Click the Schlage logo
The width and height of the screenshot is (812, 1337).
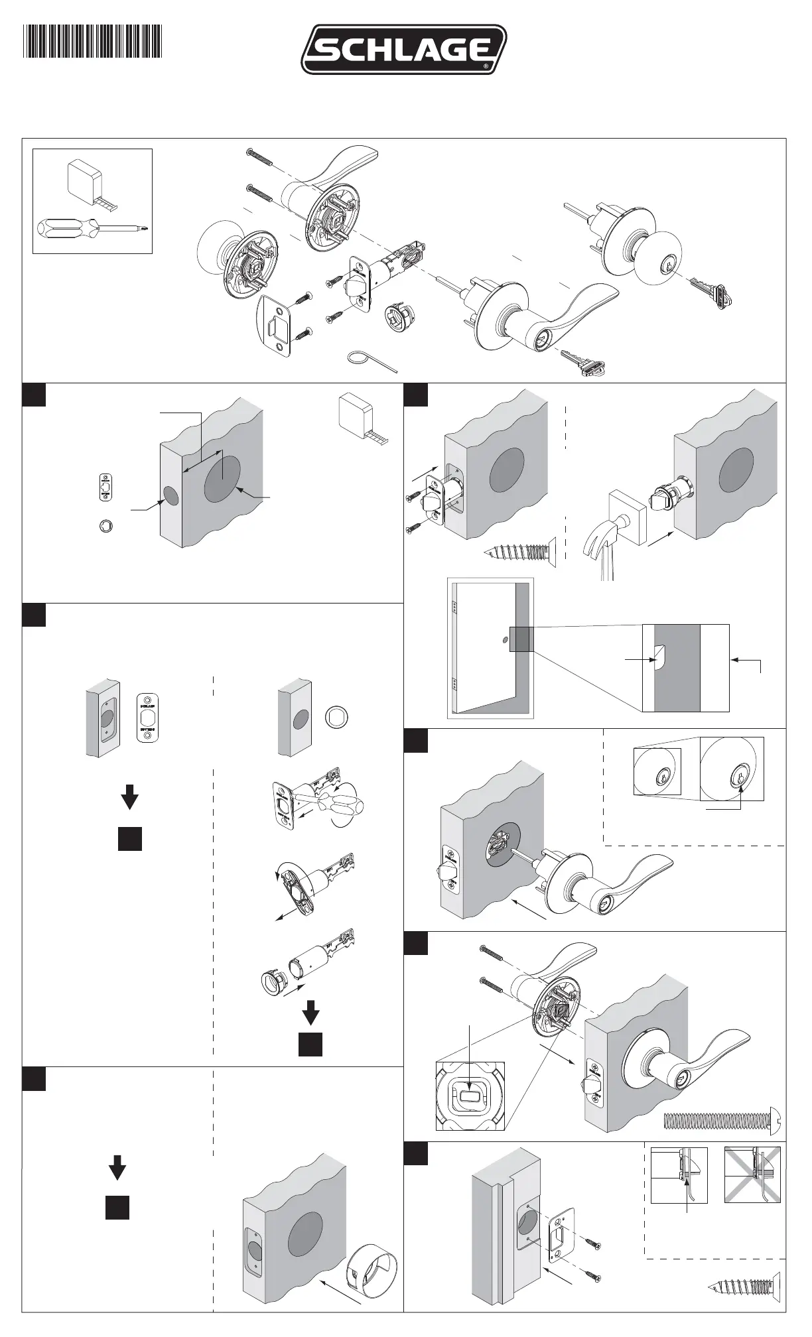(404, 49)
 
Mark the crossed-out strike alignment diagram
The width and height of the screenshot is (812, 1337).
(752, 1175)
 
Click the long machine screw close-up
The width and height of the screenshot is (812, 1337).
(724, 1120)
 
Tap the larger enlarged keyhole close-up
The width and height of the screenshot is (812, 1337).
(732, 769)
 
